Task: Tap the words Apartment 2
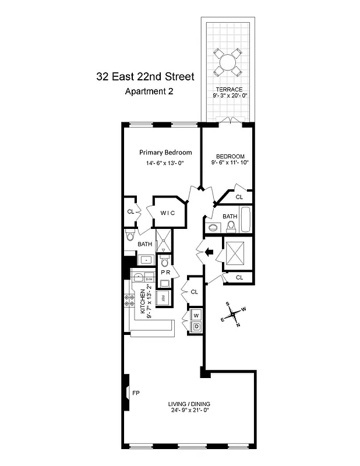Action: [150, 91]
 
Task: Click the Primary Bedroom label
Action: [165, 153]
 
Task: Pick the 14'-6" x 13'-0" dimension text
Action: [165, 164]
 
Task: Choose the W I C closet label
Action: [167, 213]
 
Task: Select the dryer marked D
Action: [196, 327]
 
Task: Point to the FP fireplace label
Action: [136, 393]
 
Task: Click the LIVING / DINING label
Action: [189, 404]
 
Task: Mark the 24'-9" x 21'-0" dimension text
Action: [189, 411]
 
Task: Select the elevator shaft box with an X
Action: [238, 253]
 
